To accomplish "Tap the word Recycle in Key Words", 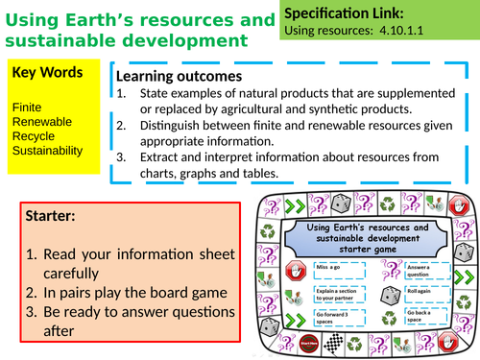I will [30, 136].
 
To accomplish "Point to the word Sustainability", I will [46, 151].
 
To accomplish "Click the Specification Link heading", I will [345, 14].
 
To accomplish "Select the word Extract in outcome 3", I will [162, 156].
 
